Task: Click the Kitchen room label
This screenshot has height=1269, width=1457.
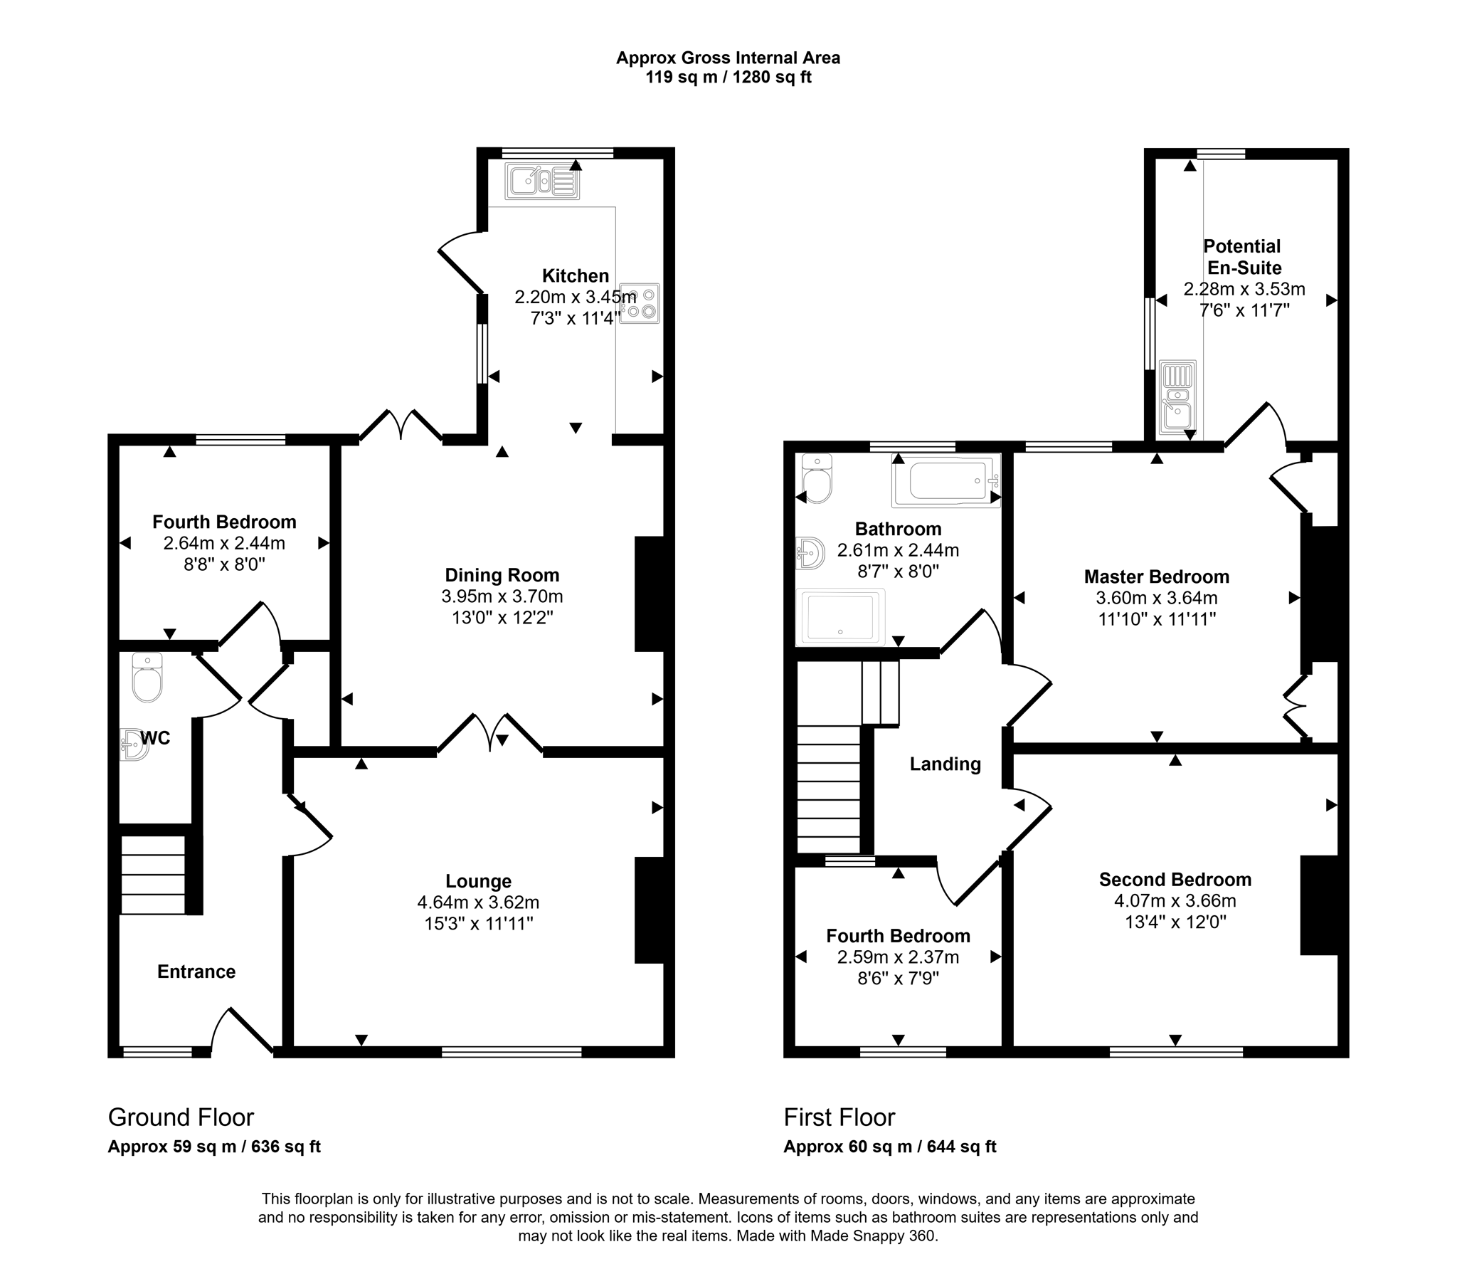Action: (576, 275)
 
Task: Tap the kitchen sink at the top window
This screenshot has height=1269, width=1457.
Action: (542, 181)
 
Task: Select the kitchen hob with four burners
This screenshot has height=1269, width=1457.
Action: (640, 303)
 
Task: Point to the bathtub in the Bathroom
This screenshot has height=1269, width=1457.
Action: (946, 480)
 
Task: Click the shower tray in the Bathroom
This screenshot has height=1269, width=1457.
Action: (840, 616)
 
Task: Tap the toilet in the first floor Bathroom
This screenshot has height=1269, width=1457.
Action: (817, 478)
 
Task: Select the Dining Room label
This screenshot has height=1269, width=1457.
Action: (502, 575)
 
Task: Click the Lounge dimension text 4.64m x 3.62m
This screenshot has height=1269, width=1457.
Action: (478, 902)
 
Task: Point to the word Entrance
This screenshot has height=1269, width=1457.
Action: (196, 972)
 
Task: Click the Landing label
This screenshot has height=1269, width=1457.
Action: (945, 764)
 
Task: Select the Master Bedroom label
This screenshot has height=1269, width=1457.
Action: (1157, 576)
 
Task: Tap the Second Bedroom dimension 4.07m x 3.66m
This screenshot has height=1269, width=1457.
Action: (1175, 900)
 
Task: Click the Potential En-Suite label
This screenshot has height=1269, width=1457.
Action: (1243, 257)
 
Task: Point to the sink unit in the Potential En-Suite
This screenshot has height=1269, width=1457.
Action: (1178, 397)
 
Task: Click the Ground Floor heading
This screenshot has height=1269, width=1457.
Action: (181, 1117)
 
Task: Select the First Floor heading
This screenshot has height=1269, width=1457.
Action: (839, 1117)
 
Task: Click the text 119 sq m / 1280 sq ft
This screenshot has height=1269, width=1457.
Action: (728, 77)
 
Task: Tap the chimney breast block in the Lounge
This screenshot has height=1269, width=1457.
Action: (650, 910)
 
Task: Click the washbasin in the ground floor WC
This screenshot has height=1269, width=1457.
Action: (133, 744)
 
